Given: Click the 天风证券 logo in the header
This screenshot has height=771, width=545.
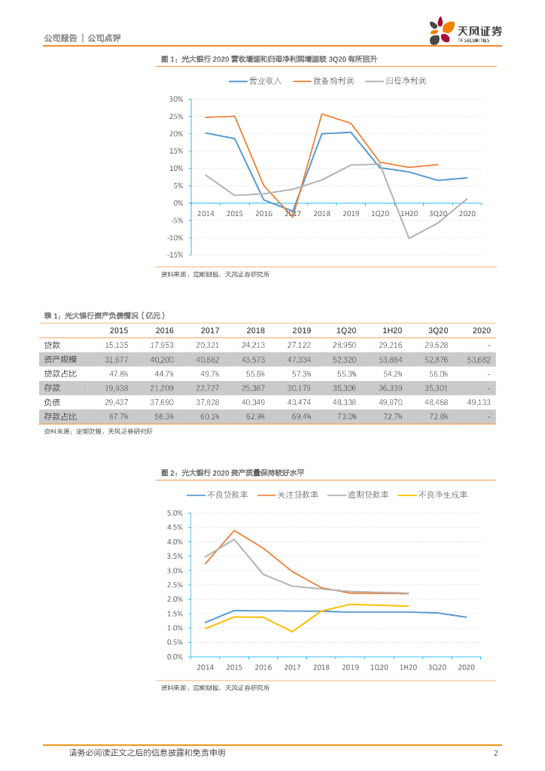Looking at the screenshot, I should click(x=466, y=31).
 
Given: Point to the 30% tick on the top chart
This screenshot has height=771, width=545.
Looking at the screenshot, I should click(x=177, y=99).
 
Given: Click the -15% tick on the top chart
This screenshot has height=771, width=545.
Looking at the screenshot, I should click(x=175, y=254).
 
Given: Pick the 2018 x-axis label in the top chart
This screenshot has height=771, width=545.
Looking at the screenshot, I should click(x=322, y=214).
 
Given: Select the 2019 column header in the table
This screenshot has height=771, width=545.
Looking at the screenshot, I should click(x=301, y=331).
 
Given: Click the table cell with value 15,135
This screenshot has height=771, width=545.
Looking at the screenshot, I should click(x=119, y=345).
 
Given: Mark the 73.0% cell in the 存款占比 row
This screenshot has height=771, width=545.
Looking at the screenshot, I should click(x=346, y=416).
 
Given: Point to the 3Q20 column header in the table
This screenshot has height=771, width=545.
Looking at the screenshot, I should click(x=438, y=331).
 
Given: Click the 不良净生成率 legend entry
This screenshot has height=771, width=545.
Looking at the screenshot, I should click(x=443, y=495).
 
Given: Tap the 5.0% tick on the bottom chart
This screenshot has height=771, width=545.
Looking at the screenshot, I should click(x=175, y=513).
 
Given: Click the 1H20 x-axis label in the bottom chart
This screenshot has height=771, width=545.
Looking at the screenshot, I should click(x=408, y=668).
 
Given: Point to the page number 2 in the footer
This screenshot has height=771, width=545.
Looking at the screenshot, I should click(x=495, y=753).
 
